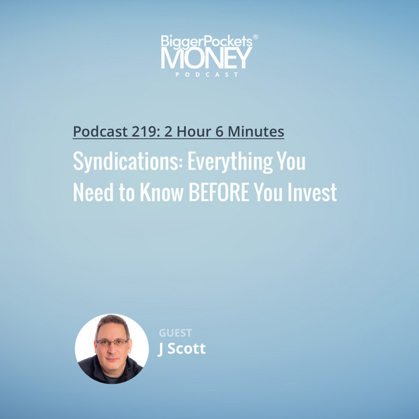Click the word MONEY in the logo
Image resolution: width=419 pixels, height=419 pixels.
[206, 58]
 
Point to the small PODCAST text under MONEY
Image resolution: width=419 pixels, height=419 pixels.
[206, 75]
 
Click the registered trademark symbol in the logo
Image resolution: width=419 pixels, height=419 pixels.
[255, 38]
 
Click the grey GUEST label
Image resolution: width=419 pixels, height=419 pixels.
[175, 333]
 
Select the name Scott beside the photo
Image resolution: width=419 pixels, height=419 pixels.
[187, 348]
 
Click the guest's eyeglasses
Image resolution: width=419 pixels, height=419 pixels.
[112, 341]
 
